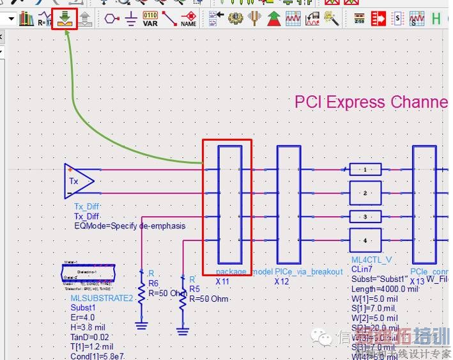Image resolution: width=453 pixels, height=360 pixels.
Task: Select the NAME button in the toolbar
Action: [188, 19]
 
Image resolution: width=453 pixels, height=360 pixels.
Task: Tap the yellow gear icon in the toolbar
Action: [236, 18]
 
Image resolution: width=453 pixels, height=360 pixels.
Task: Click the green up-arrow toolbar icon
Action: [274, 19]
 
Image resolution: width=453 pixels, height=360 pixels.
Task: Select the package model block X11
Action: [229, 204]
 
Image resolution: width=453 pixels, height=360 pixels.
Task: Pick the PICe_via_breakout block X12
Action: [289, 204]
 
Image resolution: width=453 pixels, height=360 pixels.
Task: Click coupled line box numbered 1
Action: [365, 169]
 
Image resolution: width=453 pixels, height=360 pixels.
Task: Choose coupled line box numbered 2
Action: [365, 192]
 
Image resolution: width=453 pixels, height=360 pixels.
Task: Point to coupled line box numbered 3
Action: [365, 217]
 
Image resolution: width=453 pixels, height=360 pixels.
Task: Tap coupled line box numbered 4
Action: [365, 240]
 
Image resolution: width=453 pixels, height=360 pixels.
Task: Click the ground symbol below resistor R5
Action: [183, 330]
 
